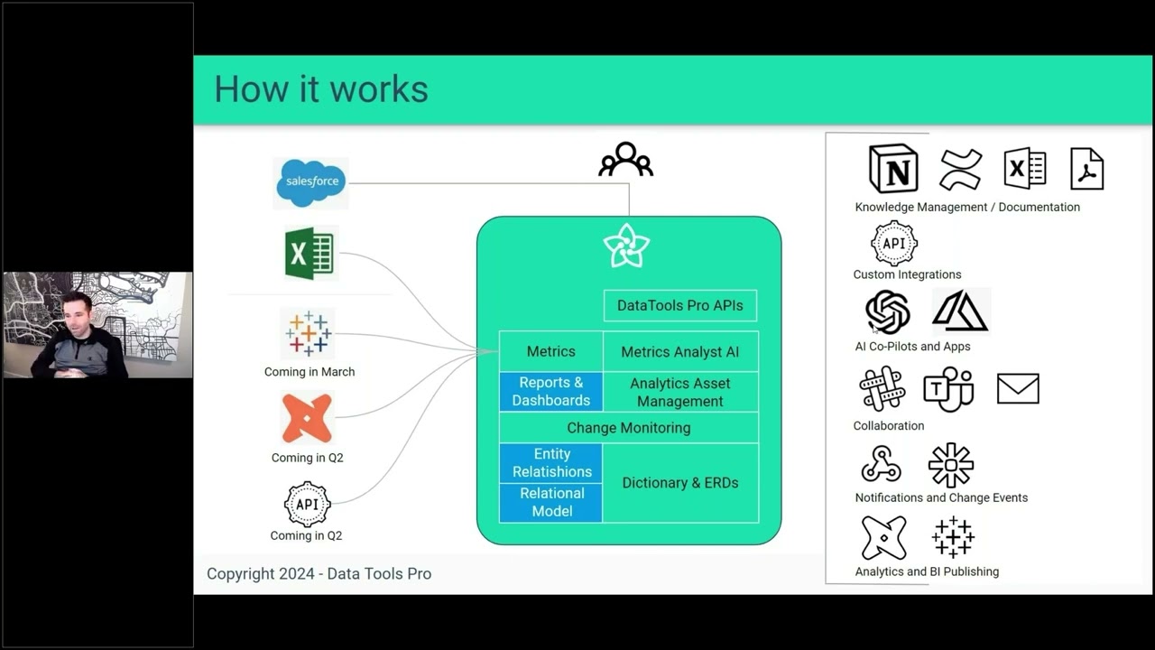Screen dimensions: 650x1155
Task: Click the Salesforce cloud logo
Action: (x=310, y=181)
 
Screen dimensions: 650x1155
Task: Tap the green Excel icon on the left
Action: (x=310, y=254)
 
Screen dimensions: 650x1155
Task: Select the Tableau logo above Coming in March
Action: (x=309, y=333)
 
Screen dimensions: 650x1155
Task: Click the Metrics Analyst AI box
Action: (x=680, y=352)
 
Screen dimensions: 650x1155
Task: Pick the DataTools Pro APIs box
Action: (x=680, y=305)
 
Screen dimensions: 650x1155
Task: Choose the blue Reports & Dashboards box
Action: (x=550, y=392)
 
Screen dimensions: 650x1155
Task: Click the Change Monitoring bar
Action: (x=628, y=428)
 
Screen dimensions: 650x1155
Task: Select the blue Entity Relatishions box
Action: (x=551, y=463)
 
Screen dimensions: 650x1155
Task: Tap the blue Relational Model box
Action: (x=551, y=502)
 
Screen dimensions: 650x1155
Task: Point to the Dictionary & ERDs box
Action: (x=680, y=483)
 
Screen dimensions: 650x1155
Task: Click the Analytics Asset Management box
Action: (x=680, y=392)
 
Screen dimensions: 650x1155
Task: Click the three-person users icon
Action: (x=625, y=160)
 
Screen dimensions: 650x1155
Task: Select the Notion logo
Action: (x=893, y=169)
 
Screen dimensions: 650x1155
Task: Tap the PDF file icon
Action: (x=1086, y=169)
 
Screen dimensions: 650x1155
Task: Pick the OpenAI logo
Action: (x=887, y=311)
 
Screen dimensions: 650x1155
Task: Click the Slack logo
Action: (x=882, y=389)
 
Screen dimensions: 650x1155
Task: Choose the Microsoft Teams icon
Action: (x=948, y=389)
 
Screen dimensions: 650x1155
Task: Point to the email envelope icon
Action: (x=1018, y=389)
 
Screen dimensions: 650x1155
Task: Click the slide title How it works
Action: (x=321, y=89)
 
